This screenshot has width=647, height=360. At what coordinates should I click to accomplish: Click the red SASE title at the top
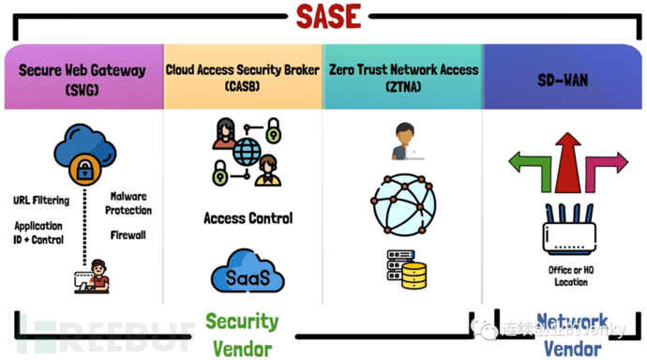click(323, 16)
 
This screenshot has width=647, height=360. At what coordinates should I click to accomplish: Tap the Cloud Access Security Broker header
click(242, 77)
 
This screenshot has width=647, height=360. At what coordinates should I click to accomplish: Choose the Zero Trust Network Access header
click(403, 77)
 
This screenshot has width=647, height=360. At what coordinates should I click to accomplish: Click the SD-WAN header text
click(564, 81)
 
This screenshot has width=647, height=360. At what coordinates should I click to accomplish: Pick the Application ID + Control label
click(38, 232)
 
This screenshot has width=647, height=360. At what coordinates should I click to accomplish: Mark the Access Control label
click(248, 218)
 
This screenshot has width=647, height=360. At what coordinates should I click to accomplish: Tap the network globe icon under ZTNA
click(405, 201)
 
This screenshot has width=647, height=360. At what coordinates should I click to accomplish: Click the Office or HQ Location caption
click(568, 277)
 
